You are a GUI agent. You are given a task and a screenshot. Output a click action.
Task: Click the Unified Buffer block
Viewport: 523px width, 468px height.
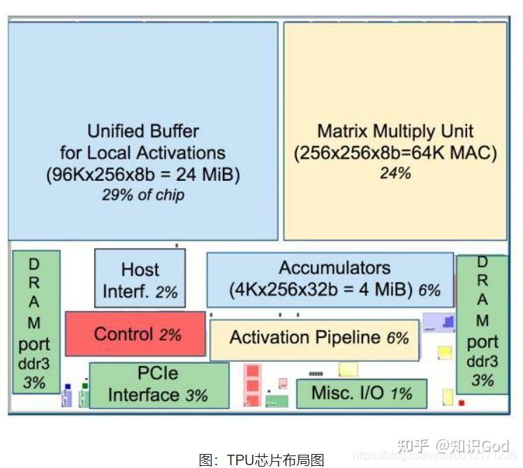[142, 131]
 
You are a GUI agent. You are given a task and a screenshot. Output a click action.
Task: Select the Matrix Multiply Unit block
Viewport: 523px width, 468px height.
[395, 131]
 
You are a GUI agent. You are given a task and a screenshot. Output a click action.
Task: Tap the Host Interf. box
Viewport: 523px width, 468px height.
[140, 279]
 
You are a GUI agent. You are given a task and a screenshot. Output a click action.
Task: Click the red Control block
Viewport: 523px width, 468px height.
[135, 334]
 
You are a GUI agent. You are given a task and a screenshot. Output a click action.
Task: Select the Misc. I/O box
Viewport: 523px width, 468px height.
[361, 393]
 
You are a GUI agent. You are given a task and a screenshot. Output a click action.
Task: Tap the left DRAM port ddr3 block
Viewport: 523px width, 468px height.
[35, 322]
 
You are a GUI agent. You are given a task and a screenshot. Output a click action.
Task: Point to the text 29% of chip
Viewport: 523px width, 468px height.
[142, 195]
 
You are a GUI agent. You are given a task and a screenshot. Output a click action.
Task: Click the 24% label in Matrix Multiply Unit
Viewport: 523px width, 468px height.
[395, 173]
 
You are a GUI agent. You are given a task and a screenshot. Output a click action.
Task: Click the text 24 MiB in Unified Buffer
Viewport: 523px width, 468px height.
[205, 175]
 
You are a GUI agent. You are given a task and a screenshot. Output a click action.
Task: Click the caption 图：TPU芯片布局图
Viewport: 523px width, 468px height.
[261, 459]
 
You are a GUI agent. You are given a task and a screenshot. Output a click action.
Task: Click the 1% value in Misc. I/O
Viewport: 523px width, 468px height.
[401, 394]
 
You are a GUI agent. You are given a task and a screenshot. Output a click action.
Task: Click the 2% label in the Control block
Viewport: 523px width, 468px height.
[170, 335]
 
